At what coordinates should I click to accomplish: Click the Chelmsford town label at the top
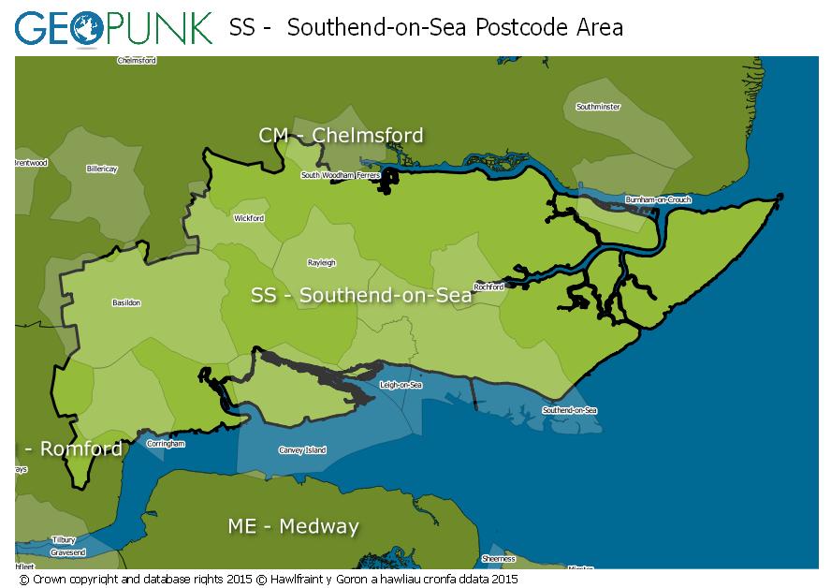(137, 60)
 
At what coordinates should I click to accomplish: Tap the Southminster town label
(598, 107)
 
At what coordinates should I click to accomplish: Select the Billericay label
(102, 169)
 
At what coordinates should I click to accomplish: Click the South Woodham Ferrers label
(340, 175)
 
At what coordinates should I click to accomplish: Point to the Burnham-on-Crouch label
(658, 200)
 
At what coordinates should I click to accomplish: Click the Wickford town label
(249, 218)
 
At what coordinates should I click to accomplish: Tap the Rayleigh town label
(322, 263)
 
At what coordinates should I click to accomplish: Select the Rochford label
(488, 287)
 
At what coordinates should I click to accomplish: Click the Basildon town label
(126, 303)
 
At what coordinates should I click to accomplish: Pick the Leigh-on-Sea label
(401, 385)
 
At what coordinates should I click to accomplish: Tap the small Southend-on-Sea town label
(569, 410)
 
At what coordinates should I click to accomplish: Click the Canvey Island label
(302, 450)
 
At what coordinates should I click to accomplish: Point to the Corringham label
(166, 444)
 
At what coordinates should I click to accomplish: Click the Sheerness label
(498, 559)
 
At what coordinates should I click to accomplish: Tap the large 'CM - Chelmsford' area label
(341, 136)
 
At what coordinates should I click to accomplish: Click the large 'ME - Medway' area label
(293, 526)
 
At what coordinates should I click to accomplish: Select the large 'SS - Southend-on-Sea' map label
(361, 296)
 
